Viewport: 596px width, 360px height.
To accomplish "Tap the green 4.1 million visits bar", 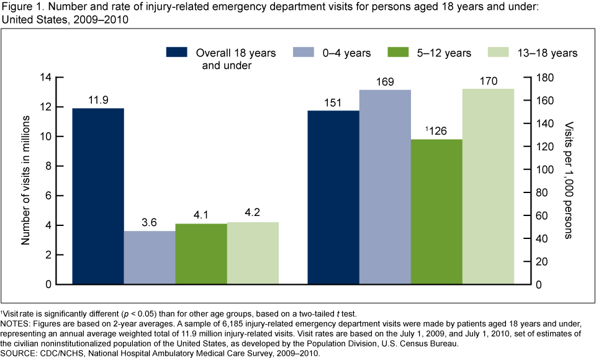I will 201,254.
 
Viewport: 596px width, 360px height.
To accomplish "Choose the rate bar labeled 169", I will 385,187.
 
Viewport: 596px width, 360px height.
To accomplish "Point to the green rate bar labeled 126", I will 436,212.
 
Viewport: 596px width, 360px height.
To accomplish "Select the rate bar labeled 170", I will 488,186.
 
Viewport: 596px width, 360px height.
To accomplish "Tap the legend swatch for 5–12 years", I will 397,52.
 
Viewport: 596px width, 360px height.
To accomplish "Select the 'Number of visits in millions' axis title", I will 27,181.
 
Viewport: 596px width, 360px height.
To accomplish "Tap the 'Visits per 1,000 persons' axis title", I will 569,181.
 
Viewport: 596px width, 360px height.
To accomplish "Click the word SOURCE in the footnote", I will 19,353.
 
